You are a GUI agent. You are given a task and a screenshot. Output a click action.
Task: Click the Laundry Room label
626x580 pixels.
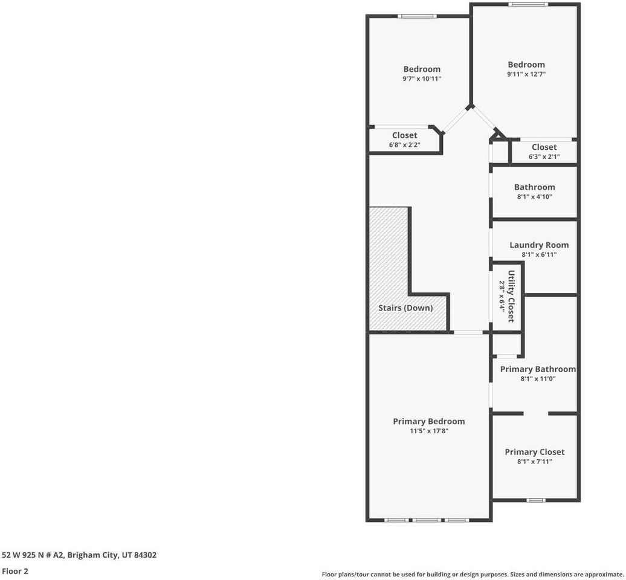(539, 245)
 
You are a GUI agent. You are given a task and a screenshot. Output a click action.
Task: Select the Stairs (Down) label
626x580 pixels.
(405, 308)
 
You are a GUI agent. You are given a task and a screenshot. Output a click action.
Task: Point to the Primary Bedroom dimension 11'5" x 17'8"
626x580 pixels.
(429, 431)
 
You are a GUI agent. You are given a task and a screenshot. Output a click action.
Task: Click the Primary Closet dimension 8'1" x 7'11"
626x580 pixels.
(535, 462)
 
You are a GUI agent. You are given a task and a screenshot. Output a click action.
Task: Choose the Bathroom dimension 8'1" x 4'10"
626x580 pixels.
(534, 197)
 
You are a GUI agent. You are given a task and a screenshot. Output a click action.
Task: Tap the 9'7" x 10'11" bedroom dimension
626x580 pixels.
(422, 79)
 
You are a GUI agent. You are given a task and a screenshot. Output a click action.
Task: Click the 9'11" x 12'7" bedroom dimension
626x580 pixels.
(526, 74)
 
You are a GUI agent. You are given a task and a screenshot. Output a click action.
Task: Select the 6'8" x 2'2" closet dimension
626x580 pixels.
(404, 145)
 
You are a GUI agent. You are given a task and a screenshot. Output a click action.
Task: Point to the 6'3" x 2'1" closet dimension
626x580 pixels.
(544, 157)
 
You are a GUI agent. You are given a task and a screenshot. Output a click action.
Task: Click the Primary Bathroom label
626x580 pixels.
(538, 369)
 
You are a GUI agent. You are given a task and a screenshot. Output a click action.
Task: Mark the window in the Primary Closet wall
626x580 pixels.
(535, 500)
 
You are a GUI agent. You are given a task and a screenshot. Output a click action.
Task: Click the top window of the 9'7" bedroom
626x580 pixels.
(418, 16)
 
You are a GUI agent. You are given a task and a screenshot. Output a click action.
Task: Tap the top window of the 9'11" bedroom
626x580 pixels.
(528, 5)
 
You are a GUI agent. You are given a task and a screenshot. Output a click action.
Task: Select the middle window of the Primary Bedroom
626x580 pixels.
(427, 520)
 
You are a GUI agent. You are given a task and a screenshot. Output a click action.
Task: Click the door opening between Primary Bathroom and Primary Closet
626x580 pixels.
(536, 414)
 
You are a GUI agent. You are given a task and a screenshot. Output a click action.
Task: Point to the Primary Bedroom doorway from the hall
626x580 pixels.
(468, 332)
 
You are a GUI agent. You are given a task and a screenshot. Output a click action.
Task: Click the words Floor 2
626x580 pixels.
(15, 570)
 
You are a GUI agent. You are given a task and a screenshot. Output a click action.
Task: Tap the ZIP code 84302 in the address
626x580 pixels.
(145, 555)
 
